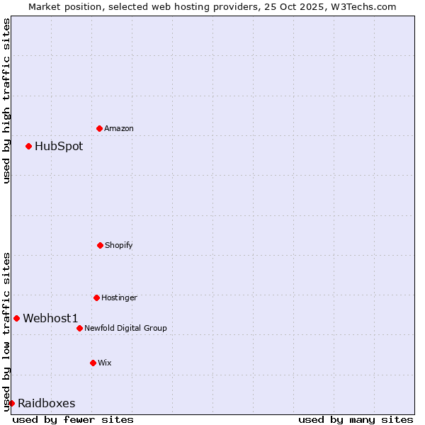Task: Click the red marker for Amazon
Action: (x=99, y=128)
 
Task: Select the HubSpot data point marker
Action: (x=28, y=146)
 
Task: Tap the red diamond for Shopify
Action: (x=100, y=245)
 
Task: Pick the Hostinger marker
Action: (x=96, y=297)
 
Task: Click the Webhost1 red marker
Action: (x=16, y=318)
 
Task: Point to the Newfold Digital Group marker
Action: (x=79, y=328)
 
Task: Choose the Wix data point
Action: (x=93, y=363)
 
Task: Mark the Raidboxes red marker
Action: (x=11, y=403)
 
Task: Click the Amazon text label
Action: (x=119, y=128)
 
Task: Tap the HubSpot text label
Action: (x=59, y=147)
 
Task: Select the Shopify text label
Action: (x=119, y=245)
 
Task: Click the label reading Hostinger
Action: (x=119, y=297)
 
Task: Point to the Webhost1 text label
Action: (x=50, y=319)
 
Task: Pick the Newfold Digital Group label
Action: (x=125, y=328)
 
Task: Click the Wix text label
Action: (x=105, y=363)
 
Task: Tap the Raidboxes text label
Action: (x=47, y=404)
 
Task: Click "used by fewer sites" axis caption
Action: (x=73, y=419)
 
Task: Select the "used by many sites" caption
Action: (x=356, y=419)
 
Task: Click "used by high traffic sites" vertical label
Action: (x=6, y=101)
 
